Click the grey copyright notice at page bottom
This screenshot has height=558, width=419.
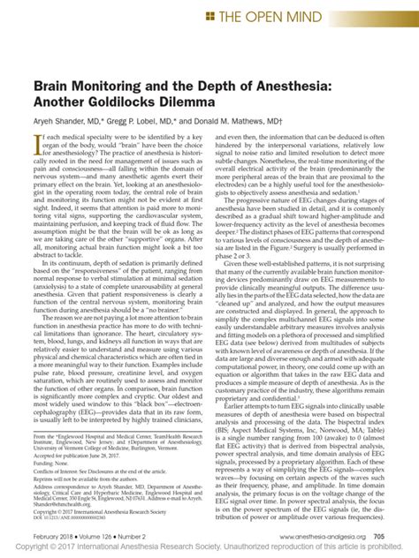click(x=209, y=550)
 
